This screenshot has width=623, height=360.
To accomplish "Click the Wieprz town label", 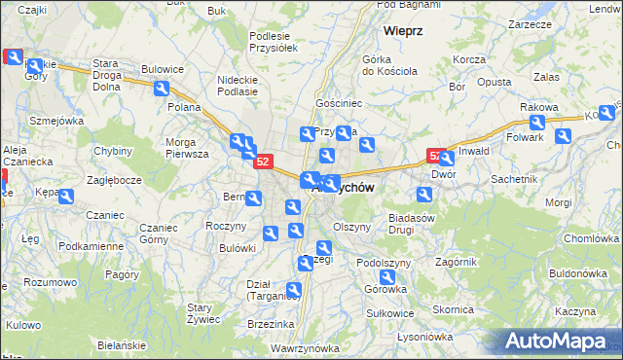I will click(x=402, y=30).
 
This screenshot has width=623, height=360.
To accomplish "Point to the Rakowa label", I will click(x=538, y=106).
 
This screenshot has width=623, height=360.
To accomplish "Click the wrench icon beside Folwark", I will click(x=536, y=124).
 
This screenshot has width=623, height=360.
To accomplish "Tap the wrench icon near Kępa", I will click(x=65, y=197).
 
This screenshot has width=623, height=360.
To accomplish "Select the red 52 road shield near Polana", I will click(x=263, y=162).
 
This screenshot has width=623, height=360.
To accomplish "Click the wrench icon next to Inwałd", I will click(x=447, y=159).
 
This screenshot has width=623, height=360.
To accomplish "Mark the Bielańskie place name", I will click(x=122, y=345).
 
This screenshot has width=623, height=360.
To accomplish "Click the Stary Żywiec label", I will click(x=206, y=312).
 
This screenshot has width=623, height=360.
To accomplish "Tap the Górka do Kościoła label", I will click(x=389, y=65).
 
